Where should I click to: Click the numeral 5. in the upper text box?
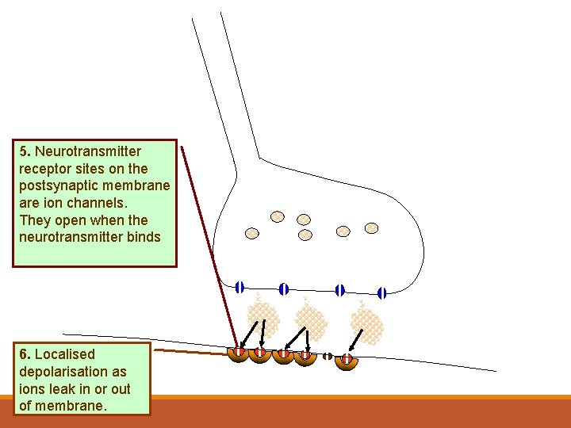point(24,151)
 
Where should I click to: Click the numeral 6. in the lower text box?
point(24,354)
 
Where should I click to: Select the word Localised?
point(65,354)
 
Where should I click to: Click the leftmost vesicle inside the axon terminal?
point(252,233)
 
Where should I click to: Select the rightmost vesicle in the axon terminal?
point(371,228)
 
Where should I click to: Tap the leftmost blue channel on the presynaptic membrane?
point(240,288)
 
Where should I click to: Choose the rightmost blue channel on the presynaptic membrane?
point(381,293)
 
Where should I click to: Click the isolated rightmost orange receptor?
point(347,361)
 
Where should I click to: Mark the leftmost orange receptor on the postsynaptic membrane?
point(239,353)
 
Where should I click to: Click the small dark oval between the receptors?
point(327,356)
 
